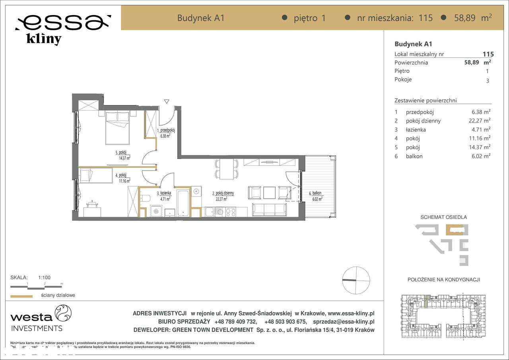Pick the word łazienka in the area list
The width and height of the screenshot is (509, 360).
pyautogui.click(x=416, y=130)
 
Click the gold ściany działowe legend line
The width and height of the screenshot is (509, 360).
pyautogui.click(x=21, y=296)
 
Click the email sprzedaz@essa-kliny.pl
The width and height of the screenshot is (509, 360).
pyautogui.click(x=344, y=322)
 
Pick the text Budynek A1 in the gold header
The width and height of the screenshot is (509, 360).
pyautogui.click(x=201, y=18)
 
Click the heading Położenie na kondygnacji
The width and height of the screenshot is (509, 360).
pyautogui.click(x=443, y=280)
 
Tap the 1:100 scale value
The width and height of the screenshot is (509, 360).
pyautogui.click(x=44, y=278)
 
